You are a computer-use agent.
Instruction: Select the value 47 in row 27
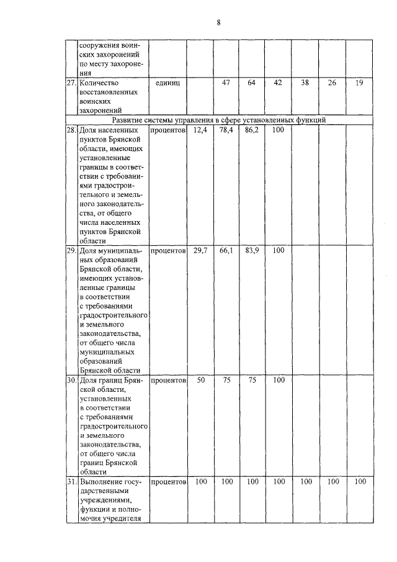[226, 83]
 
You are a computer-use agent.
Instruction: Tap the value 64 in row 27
[252, 83]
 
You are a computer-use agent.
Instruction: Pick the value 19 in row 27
[359, 83]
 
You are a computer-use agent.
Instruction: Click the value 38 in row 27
[305, 83]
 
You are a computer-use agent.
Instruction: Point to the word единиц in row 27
[167, 83]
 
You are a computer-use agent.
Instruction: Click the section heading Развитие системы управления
[219, 119]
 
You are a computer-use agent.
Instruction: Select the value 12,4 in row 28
[199, 130]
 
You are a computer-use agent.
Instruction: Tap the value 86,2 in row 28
[252, 130]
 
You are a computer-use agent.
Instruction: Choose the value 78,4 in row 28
[226, 130]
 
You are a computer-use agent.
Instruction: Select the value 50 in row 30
[200, 379]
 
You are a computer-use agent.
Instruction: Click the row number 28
[71, 130]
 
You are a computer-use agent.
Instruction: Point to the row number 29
[71, 251]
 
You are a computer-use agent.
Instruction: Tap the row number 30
[71, 380]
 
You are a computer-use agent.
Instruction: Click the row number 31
[71, 481]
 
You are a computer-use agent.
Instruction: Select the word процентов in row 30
[168, 379]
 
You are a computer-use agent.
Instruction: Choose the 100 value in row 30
[279, 379]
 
